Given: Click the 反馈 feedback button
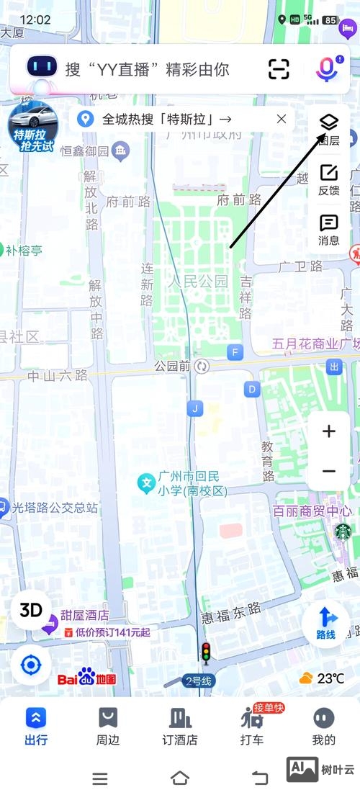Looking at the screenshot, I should (328, 179).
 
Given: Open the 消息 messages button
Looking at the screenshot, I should (328, 229).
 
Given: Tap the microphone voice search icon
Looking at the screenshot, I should (327, 69).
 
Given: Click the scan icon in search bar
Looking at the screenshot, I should (279, 69).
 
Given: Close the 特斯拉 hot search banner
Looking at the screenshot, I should (282, 119).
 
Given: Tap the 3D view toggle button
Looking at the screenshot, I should (31, 610).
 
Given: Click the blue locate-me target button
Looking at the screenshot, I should (31, 664).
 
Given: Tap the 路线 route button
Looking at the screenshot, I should (326, 622).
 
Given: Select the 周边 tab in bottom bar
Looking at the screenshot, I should (107, 725).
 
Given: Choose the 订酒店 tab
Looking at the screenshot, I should (179, 725).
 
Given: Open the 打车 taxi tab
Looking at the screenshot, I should (252, 725).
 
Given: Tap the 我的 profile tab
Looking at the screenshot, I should (324, 725).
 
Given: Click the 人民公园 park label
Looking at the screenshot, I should (198, 281).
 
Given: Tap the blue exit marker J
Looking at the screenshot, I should (194, 409).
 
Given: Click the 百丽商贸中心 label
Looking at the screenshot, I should (312, 511).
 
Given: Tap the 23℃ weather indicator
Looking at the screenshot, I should (322, 678).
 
